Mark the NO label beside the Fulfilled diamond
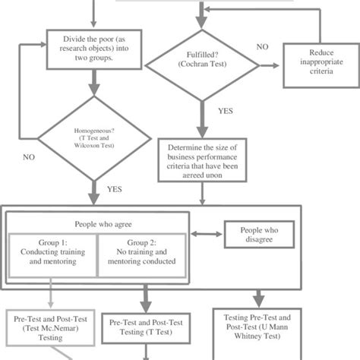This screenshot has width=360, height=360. point(261,47)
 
